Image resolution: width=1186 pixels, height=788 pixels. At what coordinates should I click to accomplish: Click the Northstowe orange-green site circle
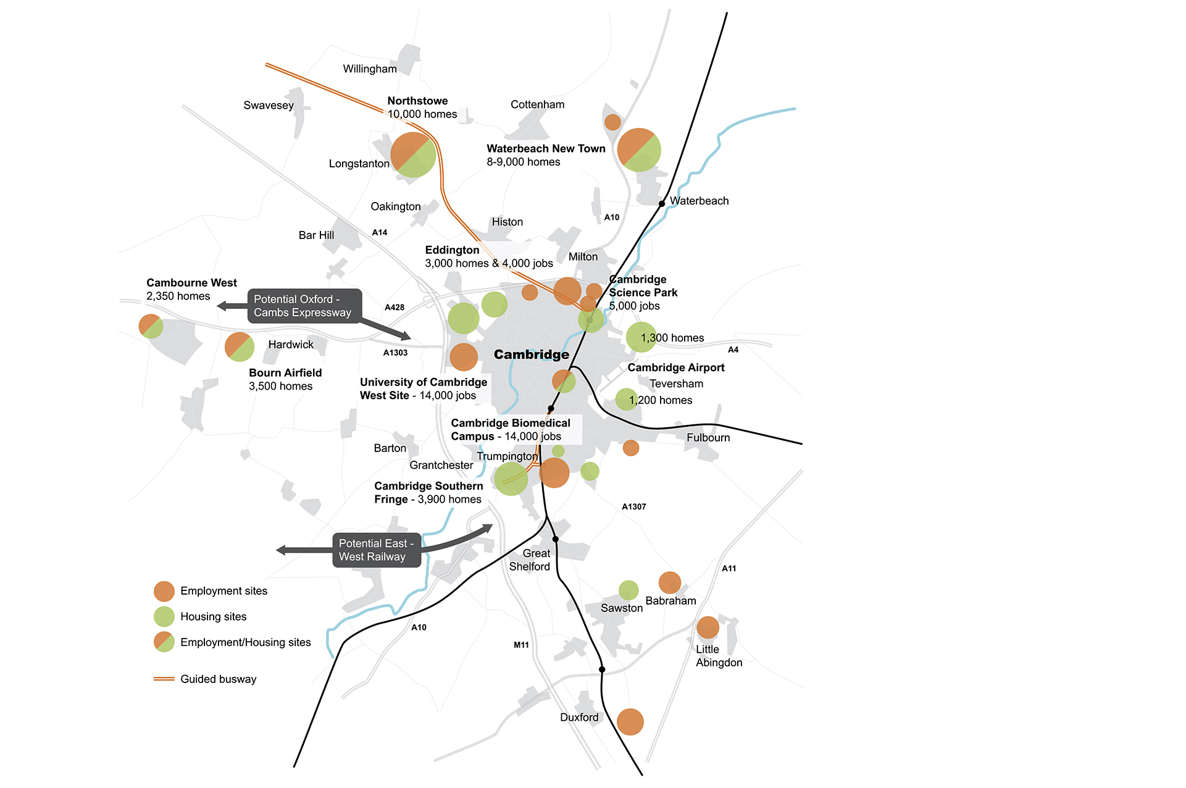413,155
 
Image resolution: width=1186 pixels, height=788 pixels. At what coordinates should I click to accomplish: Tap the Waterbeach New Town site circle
639,150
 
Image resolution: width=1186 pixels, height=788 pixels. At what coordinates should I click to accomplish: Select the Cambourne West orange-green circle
151,326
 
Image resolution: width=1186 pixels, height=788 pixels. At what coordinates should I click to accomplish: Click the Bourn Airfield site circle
240,346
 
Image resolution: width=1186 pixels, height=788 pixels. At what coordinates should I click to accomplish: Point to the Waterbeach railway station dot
661,203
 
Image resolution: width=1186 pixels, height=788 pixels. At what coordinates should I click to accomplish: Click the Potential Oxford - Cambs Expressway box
304,306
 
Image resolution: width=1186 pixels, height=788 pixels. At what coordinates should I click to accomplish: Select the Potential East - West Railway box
377,550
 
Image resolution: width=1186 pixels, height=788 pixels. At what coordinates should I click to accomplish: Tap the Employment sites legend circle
164,591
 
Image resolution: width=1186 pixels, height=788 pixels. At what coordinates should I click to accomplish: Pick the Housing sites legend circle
164,616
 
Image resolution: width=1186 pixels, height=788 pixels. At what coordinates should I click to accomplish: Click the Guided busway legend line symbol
164,679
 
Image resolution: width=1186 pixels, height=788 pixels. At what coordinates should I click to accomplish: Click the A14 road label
380,233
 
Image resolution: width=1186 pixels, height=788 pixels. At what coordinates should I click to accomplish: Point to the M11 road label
521,645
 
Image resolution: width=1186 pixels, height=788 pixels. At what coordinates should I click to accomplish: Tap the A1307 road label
634,506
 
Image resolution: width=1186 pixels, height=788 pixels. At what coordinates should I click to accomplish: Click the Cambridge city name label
532,354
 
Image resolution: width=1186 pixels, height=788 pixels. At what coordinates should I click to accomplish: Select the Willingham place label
370,69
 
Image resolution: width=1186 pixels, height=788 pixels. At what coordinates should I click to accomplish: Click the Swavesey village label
269,106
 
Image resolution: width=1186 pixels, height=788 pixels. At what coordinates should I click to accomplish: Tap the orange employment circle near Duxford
630,721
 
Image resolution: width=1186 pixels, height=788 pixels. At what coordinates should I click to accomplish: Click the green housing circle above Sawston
628,590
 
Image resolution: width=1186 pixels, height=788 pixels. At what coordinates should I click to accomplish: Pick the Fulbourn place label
708,438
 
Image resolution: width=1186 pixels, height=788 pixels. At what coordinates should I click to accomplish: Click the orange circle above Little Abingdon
708,627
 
